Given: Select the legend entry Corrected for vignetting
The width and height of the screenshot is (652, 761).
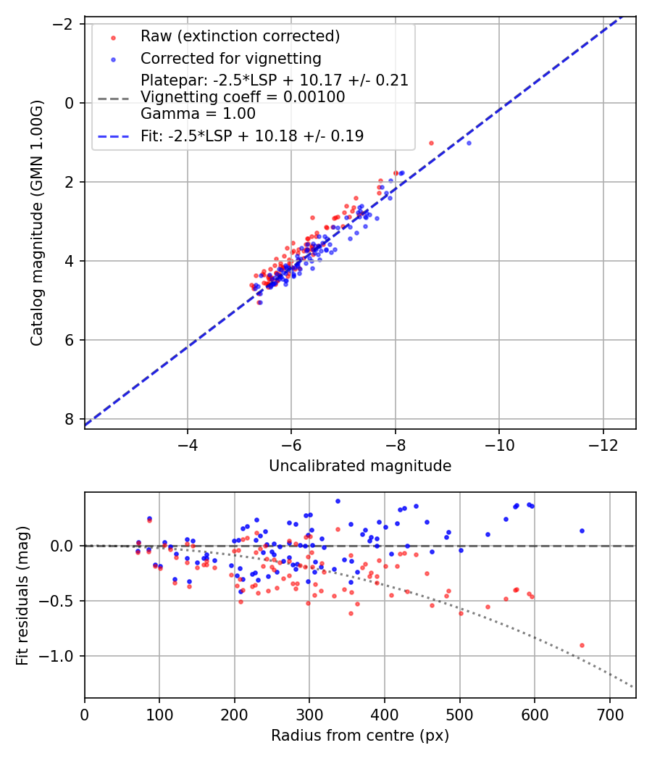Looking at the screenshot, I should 230,58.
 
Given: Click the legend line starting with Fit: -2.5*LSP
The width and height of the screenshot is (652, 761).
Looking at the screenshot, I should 252,136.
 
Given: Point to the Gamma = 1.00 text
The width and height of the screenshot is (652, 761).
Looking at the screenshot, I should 198,113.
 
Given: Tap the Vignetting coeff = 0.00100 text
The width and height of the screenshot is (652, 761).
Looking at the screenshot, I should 243,96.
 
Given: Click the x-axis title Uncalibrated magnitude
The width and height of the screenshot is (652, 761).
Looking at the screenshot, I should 360,466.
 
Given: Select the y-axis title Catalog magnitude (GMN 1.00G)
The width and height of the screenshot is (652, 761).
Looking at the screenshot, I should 38,223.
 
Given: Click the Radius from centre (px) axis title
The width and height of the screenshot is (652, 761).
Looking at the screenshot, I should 360,736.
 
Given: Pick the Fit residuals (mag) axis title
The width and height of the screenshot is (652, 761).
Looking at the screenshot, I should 22,595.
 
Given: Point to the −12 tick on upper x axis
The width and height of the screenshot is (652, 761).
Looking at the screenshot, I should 603,443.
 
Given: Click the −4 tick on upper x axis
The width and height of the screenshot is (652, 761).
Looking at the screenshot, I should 188,443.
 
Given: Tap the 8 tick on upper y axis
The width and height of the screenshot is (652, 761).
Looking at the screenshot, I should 70,419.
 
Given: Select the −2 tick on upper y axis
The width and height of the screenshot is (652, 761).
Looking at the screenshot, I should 64,24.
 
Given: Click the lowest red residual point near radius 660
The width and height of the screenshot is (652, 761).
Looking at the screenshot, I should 582,645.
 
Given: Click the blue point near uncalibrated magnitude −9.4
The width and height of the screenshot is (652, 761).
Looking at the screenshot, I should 469,143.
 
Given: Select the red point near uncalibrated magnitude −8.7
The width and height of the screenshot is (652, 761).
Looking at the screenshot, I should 431,143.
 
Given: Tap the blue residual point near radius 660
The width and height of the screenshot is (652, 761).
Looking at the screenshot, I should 582,531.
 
